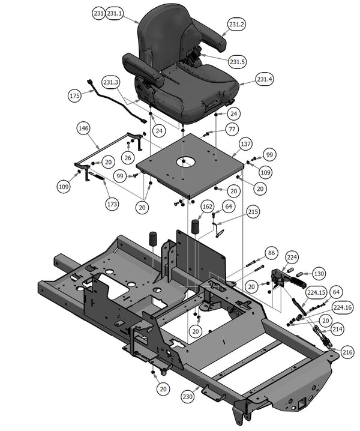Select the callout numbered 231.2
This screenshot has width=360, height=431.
[x=236, y=25]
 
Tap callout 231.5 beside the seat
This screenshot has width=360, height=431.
[x=238, y=61]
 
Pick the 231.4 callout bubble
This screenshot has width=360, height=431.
[x=265, y=79]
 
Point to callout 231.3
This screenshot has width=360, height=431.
[x=111, y=82]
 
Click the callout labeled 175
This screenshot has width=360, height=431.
[x=74, y=96]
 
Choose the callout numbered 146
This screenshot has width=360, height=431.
[x=84, y=128]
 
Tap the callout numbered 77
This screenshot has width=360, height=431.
[x=232, y=129]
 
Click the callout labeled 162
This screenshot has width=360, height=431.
[x=207, y=206]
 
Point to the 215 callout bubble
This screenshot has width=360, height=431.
[x=253, y=212]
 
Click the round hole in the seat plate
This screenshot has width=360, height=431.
[x=187, y=162]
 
